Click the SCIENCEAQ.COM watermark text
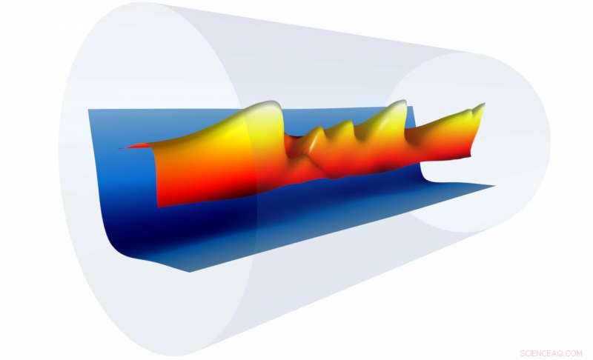coord(551,353)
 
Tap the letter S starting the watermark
coord(523,353)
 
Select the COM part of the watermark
coord(574,353)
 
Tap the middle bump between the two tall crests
coord(342,126)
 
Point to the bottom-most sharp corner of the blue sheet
coord(190,272)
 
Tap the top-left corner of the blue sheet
coord(89,110)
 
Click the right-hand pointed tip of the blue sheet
coord(494,185)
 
